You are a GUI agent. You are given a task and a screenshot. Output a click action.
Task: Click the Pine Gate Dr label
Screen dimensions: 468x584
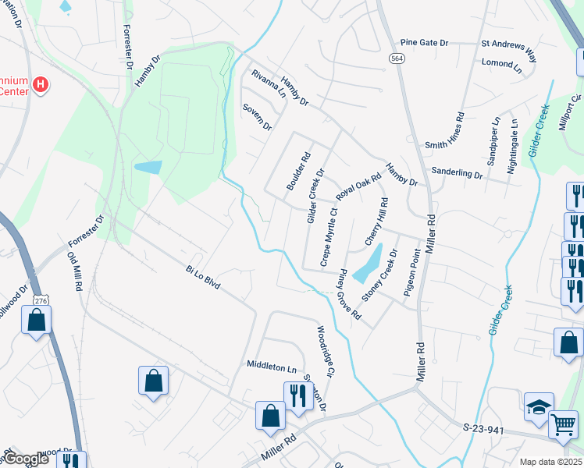point(424,43)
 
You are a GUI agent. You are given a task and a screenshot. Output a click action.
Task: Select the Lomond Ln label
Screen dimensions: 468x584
point(501,62)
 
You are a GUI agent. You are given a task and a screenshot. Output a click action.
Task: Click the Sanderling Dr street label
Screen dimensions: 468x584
point(457,173)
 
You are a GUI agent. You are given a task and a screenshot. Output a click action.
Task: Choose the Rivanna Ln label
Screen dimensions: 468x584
point(268,85)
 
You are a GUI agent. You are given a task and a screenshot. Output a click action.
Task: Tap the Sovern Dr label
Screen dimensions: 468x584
point(257,116)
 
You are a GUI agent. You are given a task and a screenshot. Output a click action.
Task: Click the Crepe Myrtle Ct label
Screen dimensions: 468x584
point(327,233)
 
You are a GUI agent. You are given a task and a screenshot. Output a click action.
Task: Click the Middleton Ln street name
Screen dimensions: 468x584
point(272,365)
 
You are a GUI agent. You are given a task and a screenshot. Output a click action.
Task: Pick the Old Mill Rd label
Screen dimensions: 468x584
point(75,271)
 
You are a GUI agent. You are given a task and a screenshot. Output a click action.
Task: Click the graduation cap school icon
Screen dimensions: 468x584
point(539,406)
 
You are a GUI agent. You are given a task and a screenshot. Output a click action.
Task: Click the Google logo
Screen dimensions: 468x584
point(27,459)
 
